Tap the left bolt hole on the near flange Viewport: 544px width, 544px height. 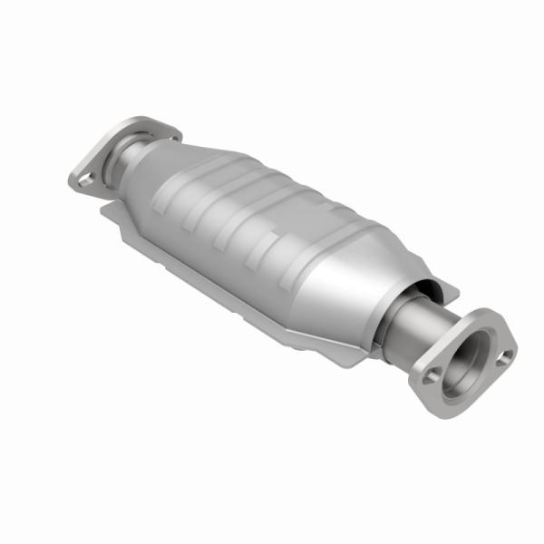(432, 374)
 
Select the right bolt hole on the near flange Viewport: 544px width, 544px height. (506, 355)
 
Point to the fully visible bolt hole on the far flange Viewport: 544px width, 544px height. (84, 180)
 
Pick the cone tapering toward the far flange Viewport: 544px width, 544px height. (159, 168)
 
